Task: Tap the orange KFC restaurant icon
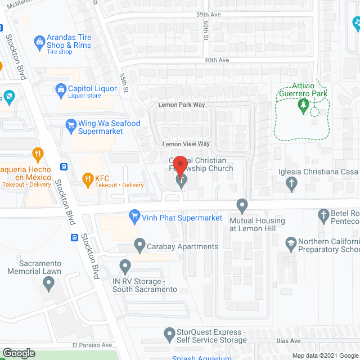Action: tap(87, 179)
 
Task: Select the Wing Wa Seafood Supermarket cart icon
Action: tap(71, 125)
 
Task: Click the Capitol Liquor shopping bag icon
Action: tap(61, 88)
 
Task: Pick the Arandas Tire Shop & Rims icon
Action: tap(39, 40)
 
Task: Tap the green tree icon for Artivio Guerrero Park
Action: tap(303, 105)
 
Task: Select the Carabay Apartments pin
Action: tap(139, 244)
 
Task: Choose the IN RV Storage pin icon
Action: tap(125, 264)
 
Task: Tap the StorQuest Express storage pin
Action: tap(169, 336)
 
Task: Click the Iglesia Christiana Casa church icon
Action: tap(291, 182)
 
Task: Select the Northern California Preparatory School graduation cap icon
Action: tap(291, 242)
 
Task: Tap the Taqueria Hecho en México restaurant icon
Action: tap(38, 154)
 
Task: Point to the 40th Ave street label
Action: tap(217, 60)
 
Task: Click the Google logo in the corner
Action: tap(18, 353)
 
